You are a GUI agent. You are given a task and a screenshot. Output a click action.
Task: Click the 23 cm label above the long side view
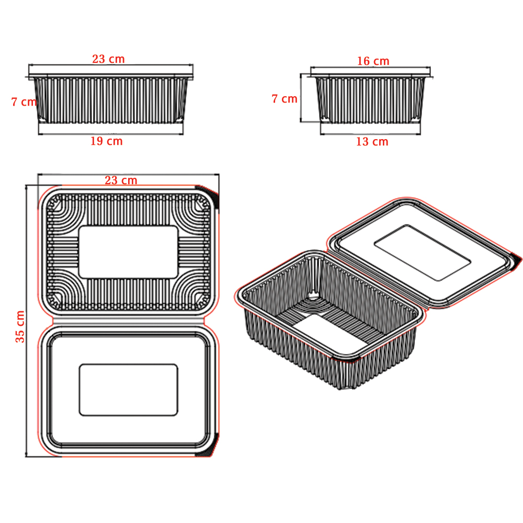pyautogui.click(x=108, y=59)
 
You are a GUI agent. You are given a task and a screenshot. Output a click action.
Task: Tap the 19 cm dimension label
pyautogui.click(x=107, y=141)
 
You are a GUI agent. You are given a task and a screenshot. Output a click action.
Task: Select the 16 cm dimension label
pyautogui.click(x=373, y=61)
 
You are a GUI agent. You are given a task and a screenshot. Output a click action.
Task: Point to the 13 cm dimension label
pyautogui.click(x=372, y=142)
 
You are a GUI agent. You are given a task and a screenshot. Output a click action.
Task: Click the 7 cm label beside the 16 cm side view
pyautogui.click(x=284, y=99)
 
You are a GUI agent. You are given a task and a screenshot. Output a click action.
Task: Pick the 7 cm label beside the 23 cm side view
pyautogui.click(x=24, y=102)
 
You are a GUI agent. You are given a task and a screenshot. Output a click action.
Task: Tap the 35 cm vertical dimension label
pyautogui.click(x=20, y=326)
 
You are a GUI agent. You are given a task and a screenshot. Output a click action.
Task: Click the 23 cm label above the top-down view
pyautogui.click(x=121, y=180)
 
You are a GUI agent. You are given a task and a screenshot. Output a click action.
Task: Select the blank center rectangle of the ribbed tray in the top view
pyautogui.click(x=129, y=252)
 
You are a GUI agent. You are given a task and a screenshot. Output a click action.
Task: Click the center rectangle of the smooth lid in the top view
pyautogui.click(x=129, y=390)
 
